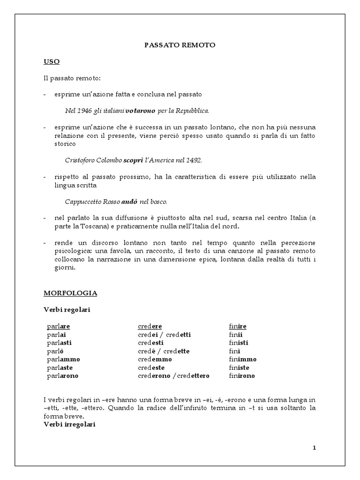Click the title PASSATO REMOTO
pos(180,45)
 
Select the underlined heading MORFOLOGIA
pos(70,293)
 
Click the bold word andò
pos(129,202)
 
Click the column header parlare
pos(59,326)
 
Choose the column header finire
pos(238,326)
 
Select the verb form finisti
pos(239,343)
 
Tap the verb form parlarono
pos(63,376)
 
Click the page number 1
pos(315,448)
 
